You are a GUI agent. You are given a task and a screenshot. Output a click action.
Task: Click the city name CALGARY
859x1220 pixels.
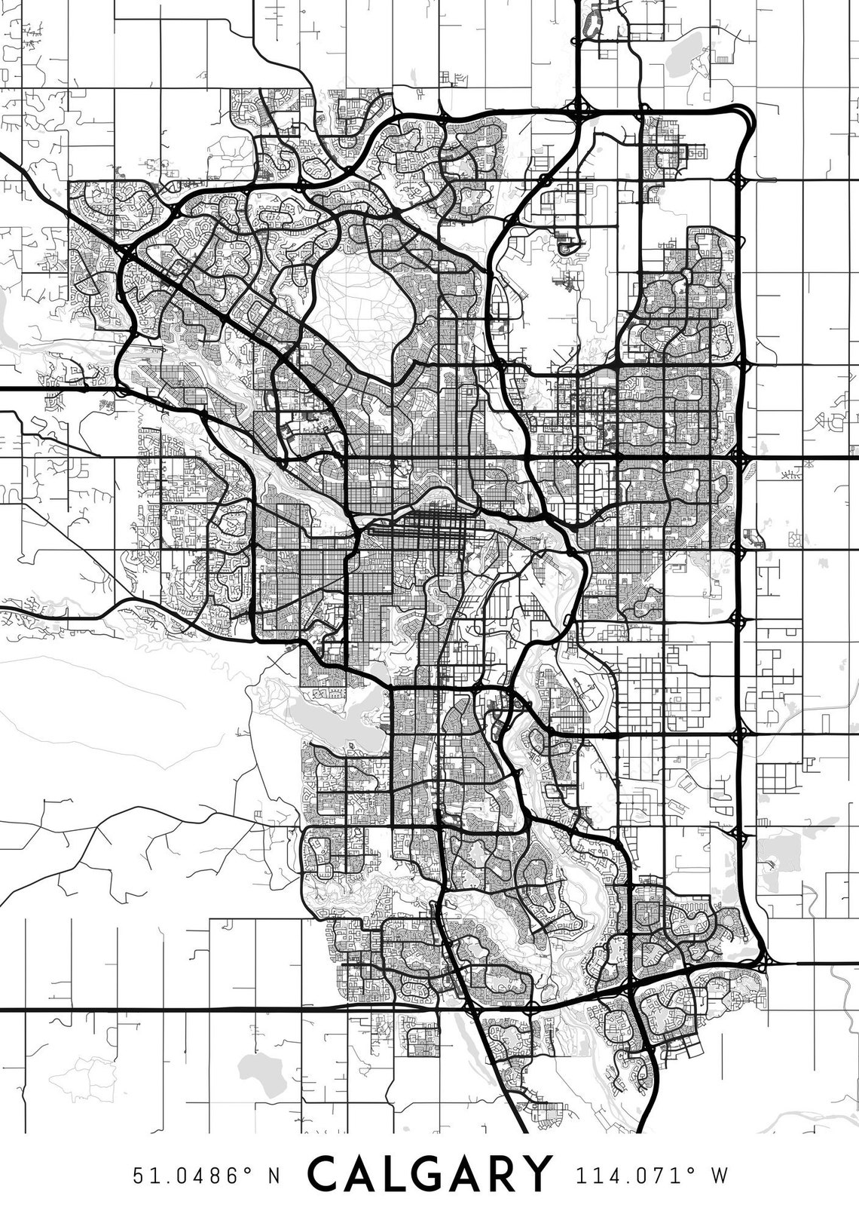429,1174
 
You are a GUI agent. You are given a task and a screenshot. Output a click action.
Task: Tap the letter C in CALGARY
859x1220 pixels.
326,1174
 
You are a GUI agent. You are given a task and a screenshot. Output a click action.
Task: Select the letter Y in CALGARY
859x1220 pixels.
533,1174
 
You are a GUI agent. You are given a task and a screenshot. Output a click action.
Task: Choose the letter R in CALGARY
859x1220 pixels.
500,1174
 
